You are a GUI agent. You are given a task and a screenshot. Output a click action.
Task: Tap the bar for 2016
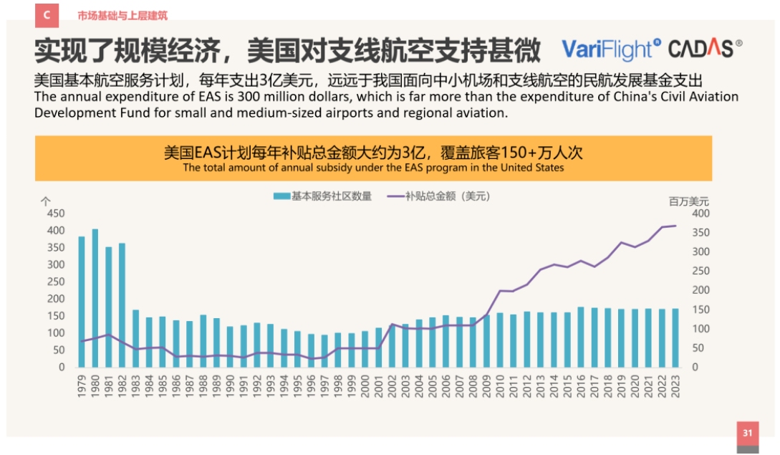581,337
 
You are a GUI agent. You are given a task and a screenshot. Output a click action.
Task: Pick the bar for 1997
324,351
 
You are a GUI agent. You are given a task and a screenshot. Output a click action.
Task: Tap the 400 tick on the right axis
701,214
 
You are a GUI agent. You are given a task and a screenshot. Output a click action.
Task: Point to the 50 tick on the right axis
698,348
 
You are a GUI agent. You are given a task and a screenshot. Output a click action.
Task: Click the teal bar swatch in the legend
281,196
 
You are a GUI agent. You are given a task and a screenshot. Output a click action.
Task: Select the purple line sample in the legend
395,196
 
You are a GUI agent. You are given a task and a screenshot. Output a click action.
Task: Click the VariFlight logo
611,49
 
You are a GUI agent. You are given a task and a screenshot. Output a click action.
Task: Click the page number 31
748,433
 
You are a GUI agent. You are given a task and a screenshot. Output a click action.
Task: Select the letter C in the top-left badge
47,14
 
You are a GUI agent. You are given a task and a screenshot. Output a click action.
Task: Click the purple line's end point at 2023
675,226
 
